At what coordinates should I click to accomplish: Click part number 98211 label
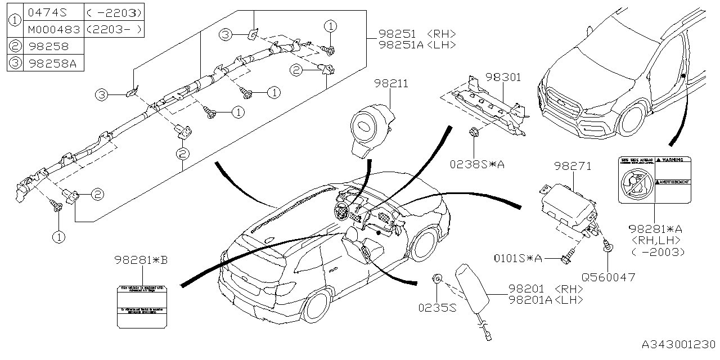pyautogui.click(x=392, y=84)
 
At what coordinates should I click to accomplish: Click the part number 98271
pyautogui.click(x=572, y=166)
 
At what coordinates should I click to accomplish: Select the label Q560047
pyautogui.click(x=608, y=277)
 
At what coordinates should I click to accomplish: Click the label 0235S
pyautogui.click(x=437, y=308)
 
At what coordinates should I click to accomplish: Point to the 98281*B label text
pyautogui.click(x=141, y=260)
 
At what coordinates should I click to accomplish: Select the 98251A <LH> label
pyautogui.click(x=416, y=44)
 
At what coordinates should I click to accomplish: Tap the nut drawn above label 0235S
pyautogui.click(x=438, y=277)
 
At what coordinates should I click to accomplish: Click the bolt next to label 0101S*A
pyautogui.click(x=566, y=259)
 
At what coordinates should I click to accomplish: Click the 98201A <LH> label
pyautogui.click(x=545, y=300)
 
